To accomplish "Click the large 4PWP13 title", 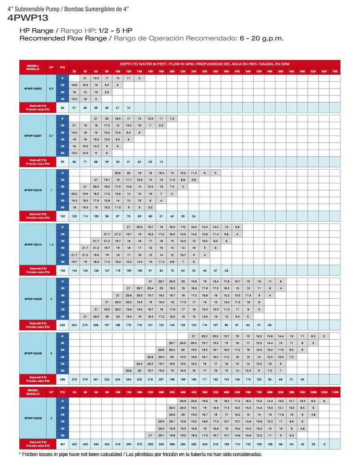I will pos(28,18).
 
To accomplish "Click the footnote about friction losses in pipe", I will pos(140,454).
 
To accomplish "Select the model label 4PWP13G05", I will pos(32,89).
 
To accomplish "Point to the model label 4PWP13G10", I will pos(32,190).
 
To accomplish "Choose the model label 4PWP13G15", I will pos(32,244).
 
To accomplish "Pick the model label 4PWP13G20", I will pos(32,299).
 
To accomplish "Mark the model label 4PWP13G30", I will pos(32,354).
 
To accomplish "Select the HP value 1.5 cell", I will pos(51,244).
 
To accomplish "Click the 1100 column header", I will pos(334,393).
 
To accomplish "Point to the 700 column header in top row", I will pos(334,72).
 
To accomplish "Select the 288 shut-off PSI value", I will pos(63,379).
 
